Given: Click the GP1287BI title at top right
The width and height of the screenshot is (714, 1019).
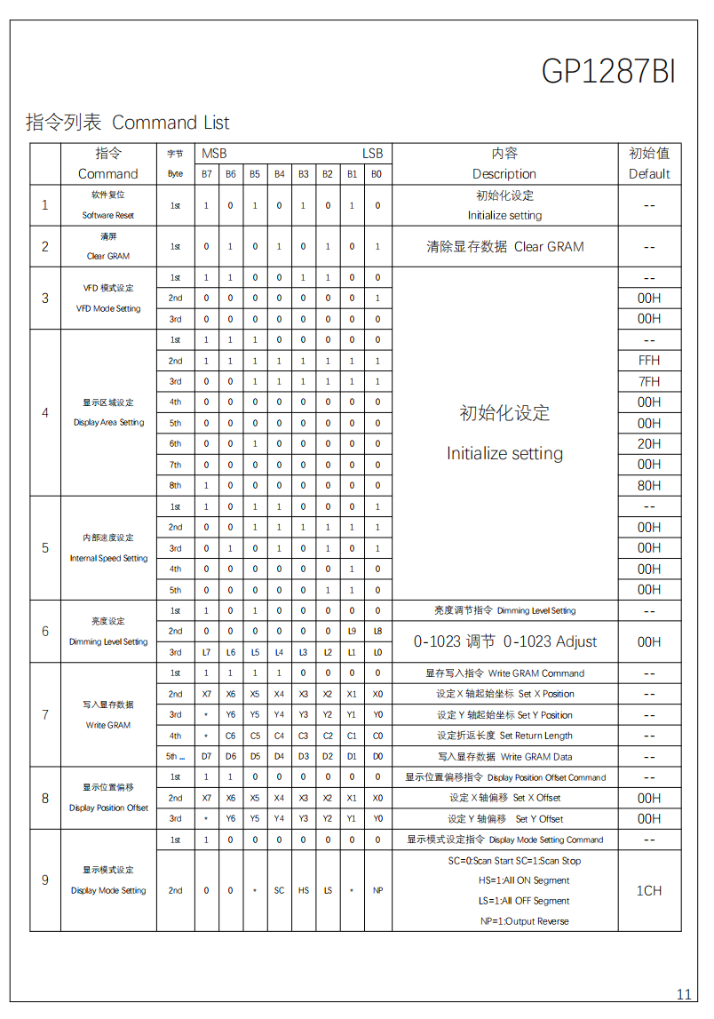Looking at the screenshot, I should (608, 72).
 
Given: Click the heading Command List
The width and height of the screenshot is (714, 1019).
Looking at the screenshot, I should (171, 123).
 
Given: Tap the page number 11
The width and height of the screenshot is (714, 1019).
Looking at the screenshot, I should (684, 994).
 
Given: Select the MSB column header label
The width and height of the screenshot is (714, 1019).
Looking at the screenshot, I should (214, 154).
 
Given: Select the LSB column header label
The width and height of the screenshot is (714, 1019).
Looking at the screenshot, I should (372, 154).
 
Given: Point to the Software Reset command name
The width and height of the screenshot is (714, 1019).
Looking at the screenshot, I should (108, 215).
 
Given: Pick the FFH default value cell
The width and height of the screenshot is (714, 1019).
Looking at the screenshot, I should (649, 361).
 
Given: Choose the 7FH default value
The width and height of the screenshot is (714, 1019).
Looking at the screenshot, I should (649, 381).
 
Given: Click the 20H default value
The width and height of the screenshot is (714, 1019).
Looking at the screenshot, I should (649, 443).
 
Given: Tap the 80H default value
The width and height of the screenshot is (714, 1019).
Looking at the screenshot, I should (649, 485).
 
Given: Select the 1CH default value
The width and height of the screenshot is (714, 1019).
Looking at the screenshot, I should (649, 890).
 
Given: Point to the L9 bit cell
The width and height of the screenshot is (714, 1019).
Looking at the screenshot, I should (353, 631).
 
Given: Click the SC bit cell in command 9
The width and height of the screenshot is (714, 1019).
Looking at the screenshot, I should (279, 890).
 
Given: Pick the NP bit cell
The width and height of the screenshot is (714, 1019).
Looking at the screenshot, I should (377, 890).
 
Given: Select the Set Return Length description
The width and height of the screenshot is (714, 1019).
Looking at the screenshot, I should (535, 736).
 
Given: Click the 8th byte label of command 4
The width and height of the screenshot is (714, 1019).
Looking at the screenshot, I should (175, 485).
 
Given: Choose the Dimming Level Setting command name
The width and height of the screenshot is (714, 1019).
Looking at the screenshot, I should (108, 641).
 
